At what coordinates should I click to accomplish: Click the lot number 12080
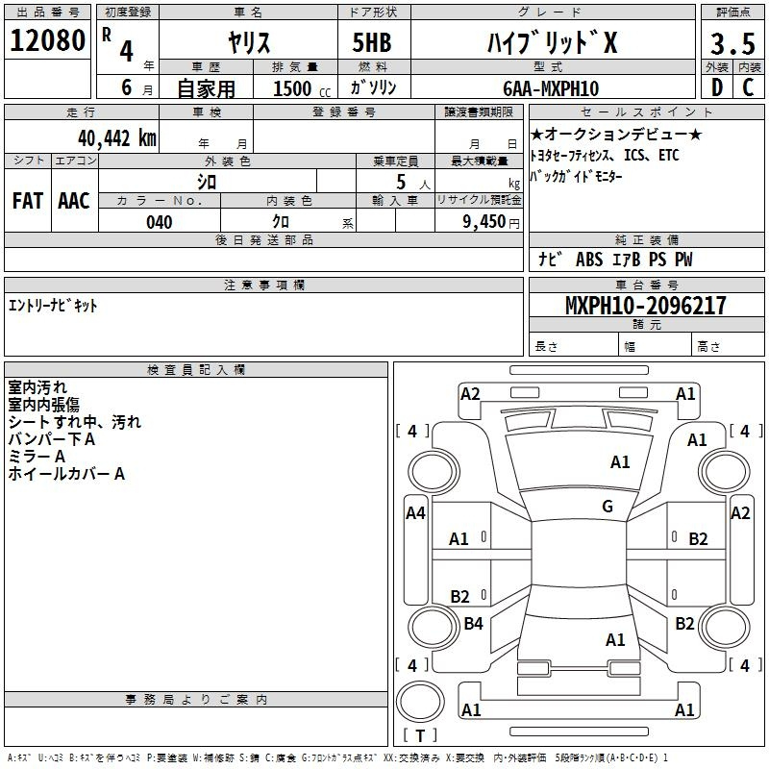click(x=47, y=40)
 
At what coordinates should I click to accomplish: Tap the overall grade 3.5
click(x=733, y=43)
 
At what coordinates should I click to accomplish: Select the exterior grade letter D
click(x=717, y=87)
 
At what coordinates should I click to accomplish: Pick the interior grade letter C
click(x=748, y=87)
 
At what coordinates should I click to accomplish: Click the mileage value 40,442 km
click(x=117, y=138)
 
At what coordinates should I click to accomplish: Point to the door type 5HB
click(x=372, y=42)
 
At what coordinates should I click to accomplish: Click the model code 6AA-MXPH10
click(x=551, y=88)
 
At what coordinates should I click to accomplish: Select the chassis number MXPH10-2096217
click(x=645, y=306)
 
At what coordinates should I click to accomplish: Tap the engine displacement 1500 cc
click(x=302, y=88)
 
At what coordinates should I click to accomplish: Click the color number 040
click(x=160, y=222)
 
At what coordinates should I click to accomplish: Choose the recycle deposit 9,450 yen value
click(x=491, y=222)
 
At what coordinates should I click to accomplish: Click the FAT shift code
click(x=28, y=201)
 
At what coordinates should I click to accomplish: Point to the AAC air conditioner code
click(x=74, y=201)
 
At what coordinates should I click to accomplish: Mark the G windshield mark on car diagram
click(x=608, y=507)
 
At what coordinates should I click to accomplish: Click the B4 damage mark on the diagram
click(x=473, y=623)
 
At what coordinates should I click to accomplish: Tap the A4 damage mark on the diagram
click(x=415, y=513)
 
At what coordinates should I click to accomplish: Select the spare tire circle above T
click(x=420, y=702)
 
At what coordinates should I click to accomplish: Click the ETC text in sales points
click(x=668, y=155)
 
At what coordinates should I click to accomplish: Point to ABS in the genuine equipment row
click(x=589, y=260)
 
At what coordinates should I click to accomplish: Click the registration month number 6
click(x=127, y=87)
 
